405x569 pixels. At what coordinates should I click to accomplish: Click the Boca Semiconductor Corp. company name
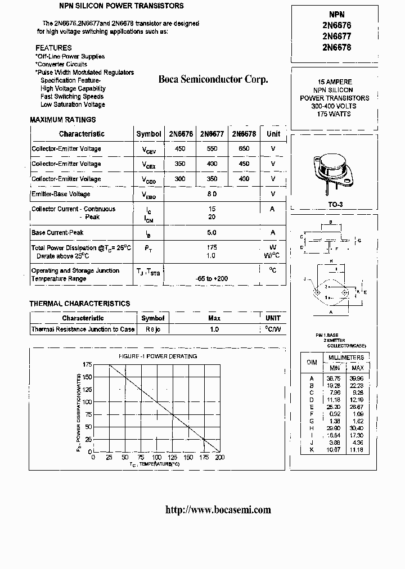213,80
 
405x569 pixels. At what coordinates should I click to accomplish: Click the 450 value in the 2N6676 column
181,149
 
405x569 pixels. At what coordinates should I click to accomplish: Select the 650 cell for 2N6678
244,149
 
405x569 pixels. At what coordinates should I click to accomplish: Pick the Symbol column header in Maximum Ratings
148,134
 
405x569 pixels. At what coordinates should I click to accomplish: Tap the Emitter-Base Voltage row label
61,195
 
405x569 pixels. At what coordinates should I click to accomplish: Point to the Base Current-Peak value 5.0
212,232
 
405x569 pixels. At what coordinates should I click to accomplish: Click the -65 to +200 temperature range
212,279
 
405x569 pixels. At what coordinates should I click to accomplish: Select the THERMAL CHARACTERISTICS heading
80,304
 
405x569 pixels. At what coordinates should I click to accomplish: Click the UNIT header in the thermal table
273,318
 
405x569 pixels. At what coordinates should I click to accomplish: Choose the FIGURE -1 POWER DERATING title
157,356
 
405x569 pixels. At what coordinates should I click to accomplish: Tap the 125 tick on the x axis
172,458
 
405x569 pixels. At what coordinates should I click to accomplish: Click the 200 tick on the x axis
220,458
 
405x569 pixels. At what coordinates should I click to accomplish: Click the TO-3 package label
335,204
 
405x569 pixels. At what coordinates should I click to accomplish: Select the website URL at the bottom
218,510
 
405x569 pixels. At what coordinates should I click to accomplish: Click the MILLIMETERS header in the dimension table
346,358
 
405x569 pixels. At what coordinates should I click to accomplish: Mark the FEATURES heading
53,48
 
